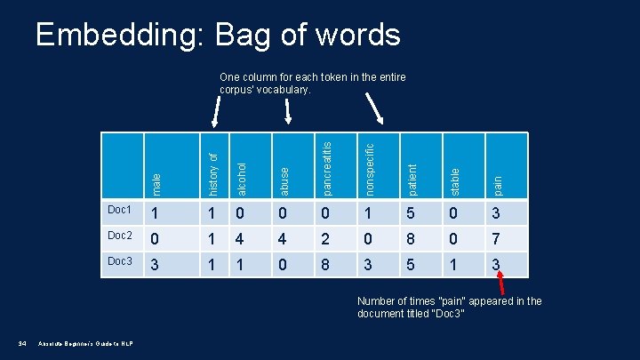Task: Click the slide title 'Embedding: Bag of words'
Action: (217, 35)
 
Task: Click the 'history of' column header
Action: (212, 172)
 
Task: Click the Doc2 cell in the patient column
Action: (411, 239)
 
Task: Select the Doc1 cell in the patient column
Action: (411, 213)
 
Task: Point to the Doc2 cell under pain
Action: (497, 239)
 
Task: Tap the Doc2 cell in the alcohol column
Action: (240, 239)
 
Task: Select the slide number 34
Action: (20, 344)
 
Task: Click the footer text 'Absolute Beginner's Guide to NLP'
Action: (85, 344)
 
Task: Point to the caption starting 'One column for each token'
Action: (312, 84)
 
